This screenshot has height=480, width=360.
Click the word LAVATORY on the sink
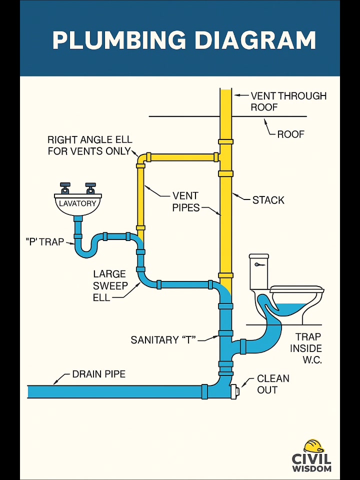(x=77, y=203)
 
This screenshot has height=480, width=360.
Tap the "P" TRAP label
(x=44, y=242)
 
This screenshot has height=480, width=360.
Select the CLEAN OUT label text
(x=273, y=384)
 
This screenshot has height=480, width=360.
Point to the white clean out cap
(x=235, y=391)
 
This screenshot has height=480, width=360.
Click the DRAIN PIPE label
(x=99, y=374)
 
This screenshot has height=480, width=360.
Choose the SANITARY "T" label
(x=163, y=340)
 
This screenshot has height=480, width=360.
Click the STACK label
(x=268, y=200)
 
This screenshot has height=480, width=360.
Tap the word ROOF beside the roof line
(x=291, y=134)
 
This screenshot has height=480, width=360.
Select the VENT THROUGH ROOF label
(x=288, y=101)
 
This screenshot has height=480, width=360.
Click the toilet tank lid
(x=259, y=256)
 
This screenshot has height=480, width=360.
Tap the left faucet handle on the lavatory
(x=65, y=188)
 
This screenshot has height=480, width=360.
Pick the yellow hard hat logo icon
(x=314, y=446)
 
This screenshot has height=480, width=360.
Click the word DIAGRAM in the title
(x=255, y=40)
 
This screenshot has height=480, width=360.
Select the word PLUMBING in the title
(x=119, y=40)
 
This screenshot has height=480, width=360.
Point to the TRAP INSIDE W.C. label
(x=306, y=348)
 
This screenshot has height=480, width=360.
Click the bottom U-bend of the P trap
(x=86, y=253)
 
